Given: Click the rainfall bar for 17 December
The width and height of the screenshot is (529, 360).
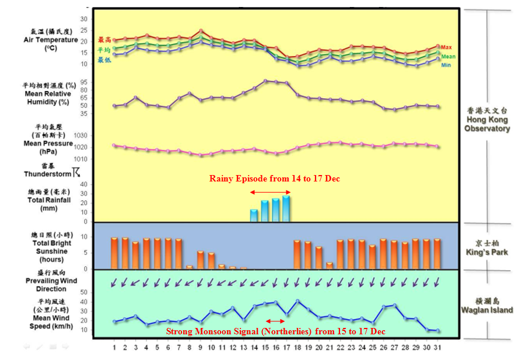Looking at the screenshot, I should point(286,208).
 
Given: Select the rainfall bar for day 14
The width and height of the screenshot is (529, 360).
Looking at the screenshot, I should point(254,215).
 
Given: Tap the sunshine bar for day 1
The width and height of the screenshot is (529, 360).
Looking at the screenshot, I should point(114,253).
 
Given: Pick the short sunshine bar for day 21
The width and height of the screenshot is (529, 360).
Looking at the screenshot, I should point(330,265).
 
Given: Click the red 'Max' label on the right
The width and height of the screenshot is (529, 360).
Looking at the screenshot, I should point(447,47).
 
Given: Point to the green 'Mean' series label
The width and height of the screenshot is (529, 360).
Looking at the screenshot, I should point(448,57).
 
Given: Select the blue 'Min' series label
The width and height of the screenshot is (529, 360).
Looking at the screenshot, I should point(446,65).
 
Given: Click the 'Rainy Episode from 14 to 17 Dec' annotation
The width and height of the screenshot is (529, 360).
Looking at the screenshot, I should point(274,179).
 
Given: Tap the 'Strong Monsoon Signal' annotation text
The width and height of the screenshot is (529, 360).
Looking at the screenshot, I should point(275,331).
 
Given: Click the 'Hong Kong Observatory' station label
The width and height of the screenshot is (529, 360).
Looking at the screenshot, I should point(488,120).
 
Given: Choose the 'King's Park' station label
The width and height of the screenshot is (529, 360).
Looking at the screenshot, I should point(487,249).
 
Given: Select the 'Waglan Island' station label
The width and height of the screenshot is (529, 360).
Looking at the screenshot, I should point(488,306).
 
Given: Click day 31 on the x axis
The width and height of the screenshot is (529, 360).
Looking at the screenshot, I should point(437,348).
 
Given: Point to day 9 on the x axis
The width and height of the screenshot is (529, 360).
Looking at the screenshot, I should point(201,348).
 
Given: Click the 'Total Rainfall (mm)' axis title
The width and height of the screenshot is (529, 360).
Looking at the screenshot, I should point(49,200).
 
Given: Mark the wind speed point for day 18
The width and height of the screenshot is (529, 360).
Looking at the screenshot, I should point(297,301).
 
